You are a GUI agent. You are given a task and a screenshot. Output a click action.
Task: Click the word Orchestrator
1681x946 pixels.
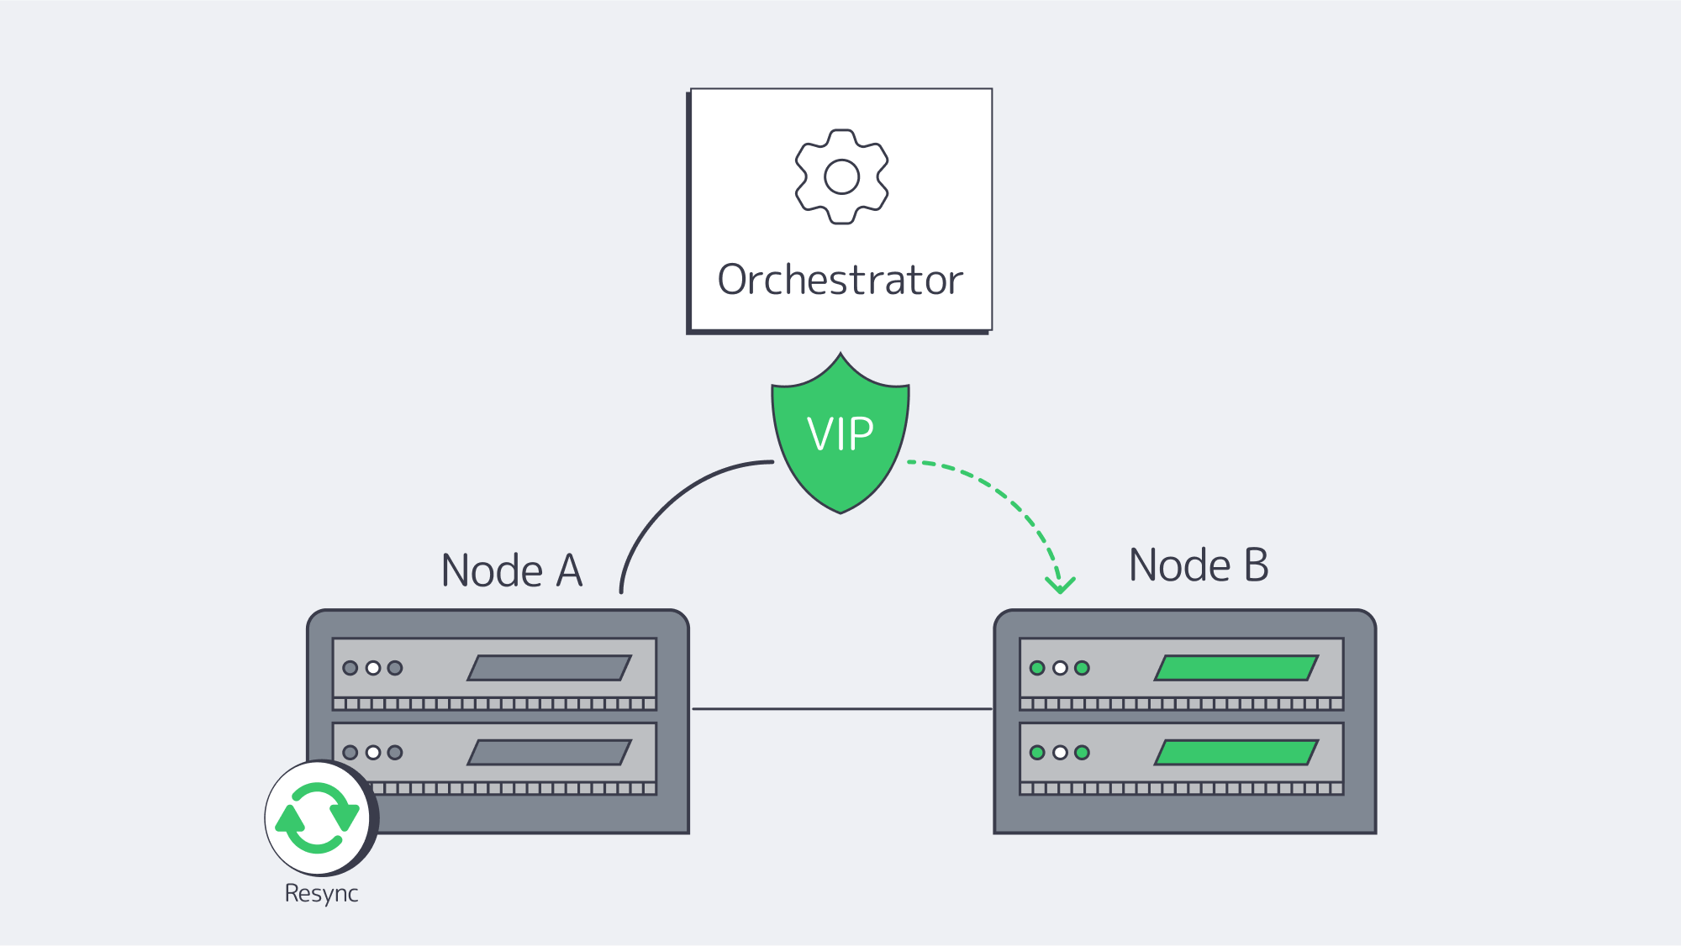(x=840, y=280)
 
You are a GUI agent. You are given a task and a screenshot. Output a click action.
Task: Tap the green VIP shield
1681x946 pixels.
(x=840, y=437)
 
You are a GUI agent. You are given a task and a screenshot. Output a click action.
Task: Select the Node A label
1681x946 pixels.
(x=511, y=570)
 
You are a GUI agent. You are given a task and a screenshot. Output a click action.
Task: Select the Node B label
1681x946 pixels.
(x=1198, y=565)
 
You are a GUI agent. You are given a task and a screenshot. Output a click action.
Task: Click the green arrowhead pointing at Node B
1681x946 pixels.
(x=1060, y=584)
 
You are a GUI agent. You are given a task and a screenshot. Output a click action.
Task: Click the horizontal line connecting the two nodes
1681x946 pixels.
(x=840, y=709)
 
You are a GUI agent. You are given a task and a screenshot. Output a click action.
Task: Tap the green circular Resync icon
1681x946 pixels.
(x=317, y=817)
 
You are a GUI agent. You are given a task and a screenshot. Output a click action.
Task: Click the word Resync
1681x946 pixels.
(x=321, y=893)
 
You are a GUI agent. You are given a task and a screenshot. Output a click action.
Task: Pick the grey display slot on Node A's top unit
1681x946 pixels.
(x=549, y=668)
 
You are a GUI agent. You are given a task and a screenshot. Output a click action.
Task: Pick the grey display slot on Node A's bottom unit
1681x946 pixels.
(x=549, y=752)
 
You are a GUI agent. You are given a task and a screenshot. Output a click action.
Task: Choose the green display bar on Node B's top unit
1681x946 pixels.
(x=1236, y=668)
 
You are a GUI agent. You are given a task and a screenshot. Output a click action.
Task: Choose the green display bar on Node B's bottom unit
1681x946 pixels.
(x=1236, y=752)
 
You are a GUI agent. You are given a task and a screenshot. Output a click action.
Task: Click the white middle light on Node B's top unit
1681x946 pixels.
(x=1060, y=668)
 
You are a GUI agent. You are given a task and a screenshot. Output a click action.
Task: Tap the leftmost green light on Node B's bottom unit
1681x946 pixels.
(x=1037, y=752)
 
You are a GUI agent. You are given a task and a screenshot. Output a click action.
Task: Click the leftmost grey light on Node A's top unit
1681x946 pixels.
(x=350, y=668)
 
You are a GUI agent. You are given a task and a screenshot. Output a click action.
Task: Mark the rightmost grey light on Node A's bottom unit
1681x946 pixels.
(x=395, y=752)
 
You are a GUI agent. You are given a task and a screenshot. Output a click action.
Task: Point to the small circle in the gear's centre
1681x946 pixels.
(x=841, y=176)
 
